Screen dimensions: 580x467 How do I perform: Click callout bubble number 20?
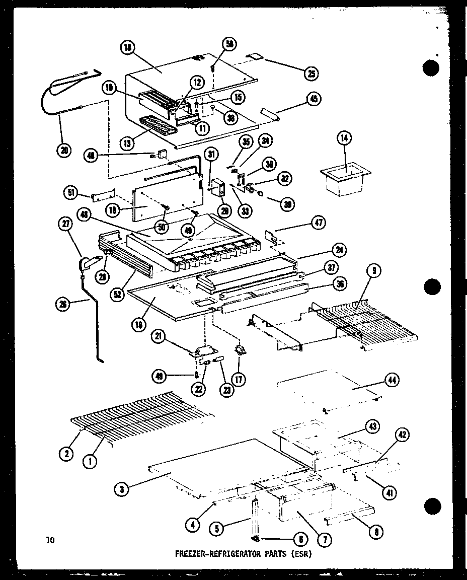coord(64,150)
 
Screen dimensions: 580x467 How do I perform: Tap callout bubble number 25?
coord(311,74)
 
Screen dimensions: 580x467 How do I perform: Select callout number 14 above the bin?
coord(346,138)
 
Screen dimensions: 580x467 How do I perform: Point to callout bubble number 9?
coord(373,271)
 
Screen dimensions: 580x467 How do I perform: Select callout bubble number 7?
coord(325,540)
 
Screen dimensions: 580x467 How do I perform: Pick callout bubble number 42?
coord(403,436)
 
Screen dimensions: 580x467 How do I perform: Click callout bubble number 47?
coord(320,223)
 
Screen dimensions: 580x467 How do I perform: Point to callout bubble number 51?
coord(71,192)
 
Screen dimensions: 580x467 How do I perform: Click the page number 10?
coord(49,541)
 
